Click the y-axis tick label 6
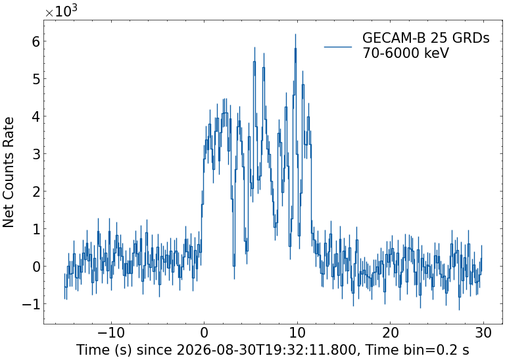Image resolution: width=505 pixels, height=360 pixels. (x=36, y=41)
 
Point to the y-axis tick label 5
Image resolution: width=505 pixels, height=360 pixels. (x=36, y=78)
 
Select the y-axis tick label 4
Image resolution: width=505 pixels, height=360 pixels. (x=36, y=116)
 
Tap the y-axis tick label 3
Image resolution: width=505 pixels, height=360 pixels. (x=36, y=154)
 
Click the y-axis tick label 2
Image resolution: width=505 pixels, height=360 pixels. (x=36, y=192)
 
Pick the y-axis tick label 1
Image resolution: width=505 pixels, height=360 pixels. (x=36, y=229)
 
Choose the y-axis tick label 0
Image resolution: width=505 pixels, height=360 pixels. (x=36, y=267)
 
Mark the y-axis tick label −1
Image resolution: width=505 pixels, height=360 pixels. (x=31, y=304)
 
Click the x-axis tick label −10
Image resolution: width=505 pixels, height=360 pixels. (x=111, y=333)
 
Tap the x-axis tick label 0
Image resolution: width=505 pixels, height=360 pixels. (x=204, y=333)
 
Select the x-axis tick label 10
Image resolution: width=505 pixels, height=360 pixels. (x=297, y=333)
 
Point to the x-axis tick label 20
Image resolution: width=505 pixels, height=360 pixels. (x=391, y=333)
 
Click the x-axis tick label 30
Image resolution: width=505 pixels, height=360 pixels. (x=483, y=333)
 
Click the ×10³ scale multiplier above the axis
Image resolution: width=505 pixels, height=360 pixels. (x=61, y=11)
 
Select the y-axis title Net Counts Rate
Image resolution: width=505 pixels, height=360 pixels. (x=9, y=172)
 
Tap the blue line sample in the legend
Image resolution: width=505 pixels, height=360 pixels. (x=338, y=47)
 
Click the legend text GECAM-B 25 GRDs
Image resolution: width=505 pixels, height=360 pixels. (x=426, y=38)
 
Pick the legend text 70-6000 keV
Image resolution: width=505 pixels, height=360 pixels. (x=406, y=53)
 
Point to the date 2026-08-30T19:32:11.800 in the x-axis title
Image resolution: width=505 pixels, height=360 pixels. (x=267, y=349)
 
